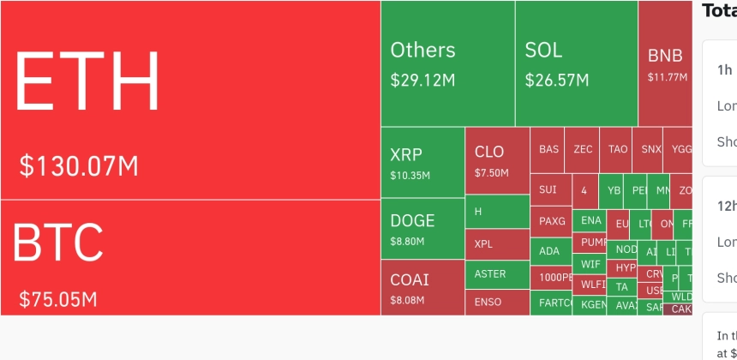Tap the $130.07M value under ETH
(79, 165)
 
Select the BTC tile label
(58, 243)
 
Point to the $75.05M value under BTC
(58, 299)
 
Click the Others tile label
(422, 50)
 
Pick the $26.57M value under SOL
(557, 81)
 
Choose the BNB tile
(665, 63)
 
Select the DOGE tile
(422, 228)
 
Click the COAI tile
(422, 287)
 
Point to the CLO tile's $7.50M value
(491, 173)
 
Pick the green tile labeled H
(497, 212)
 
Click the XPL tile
(497, 244)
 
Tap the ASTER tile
(497, 274)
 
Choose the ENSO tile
(497, 302)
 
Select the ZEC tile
(583, 148)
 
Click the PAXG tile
(551, 221)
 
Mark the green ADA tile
(550, 251)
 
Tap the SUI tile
(548, 189)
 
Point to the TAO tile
(617, 148)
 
